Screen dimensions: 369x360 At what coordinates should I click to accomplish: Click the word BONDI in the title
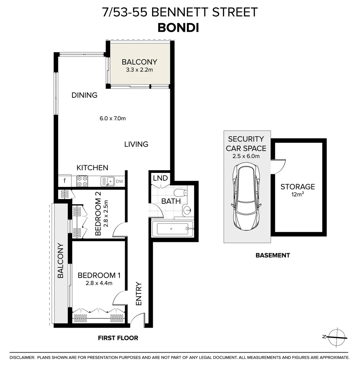click(x=178, y=28)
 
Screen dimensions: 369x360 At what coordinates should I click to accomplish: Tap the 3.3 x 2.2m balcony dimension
click(x=139, y=70)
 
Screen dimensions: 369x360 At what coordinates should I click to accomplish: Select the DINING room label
click(x=84, y=95)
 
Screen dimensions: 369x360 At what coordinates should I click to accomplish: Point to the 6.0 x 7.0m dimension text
click(x=113, y=119)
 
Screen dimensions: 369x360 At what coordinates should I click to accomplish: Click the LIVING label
click(x=136, y=144)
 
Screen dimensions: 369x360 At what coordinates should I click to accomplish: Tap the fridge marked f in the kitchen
click(x=64, y=180)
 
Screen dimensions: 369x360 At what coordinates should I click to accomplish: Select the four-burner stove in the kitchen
click(x=82, y=180)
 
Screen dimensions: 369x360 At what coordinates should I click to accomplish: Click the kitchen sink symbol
click(x=108, y=181)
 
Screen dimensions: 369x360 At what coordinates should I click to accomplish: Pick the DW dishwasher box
click(x=119, y=181)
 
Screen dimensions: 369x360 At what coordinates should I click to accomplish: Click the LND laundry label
click(x=160, y=178)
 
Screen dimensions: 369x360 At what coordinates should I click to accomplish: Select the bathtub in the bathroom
click(x=172, y=228)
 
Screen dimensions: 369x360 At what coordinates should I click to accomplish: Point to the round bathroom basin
click(x=187, y=210)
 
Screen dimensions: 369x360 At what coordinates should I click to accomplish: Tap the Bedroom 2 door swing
click(x=119, y=230)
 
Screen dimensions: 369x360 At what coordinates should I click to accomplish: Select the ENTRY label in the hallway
click(x=139, y=293)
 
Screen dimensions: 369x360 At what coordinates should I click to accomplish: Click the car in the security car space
click(x=246, y=198)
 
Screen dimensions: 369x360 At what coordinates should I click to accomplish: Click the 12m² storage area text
click(x=297, y=195)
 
